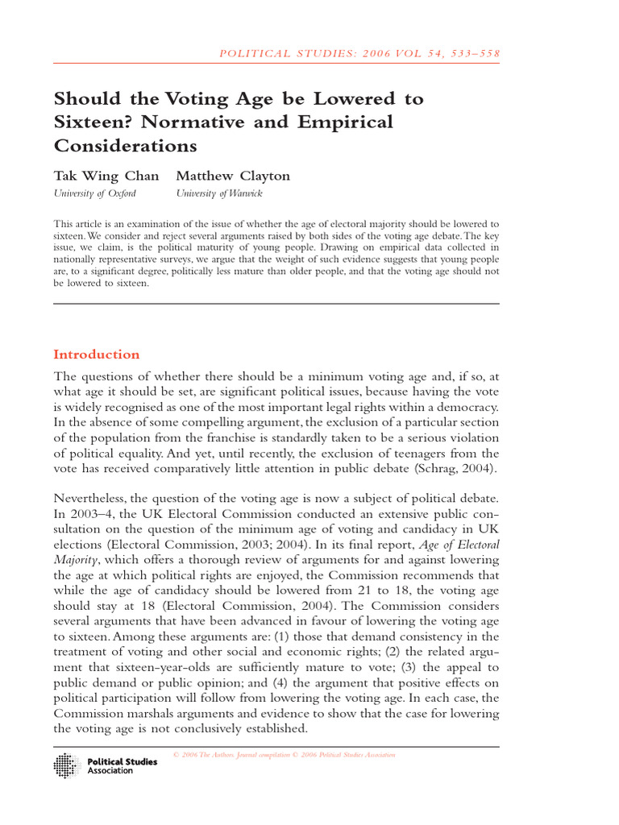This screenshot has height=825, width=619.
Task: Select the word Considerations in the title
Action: [x=125, y=146]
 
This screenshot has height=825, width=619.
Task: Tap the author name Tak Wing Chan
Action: [x=106, y=176]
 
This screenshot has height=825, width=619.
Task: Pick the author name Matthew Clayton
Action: [x=233, y=176]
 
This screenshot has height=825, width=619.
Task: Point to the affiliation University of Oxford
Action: [x=94, y=193]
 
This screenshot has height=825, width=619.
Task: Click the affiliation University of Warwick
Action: [x=219, y=193]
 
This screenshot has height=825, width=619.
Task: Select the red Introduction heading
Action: [x=96, y=354]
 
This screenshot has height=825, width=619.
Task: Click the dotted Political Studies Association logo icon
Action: [x=67, y=765]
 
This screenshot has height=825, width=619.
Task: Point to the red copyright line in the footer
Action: [x=285, y=755]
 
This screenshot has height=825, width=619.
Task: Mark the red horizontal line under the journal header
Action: [x=276, y=63]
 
